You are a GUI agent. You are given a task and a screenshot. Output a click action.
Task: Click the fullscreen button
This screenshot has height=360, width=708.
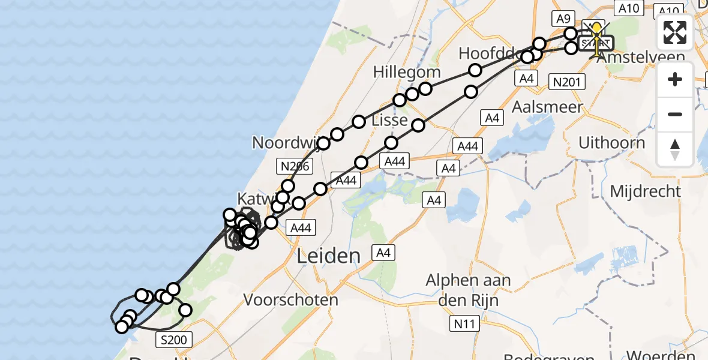tap(675, 32)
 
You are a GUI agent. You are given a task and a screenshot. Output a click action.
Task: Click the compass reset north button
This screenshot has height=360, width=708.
tap(675, 149)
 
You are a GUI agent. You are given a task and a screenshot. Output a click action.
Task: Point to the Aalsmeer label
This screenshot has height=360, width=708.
tap(539, 107)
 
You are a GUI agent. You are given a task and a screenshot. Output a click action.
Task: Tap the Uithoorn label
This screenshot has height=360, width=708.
tap(612, 143)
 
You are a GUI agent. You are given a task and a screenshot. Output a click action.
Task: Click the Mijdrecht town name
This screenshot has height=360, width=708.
tap(646, 191)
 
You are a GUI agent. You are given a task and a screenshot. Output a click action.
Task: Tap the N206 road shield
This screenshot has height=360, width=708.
tap(295, 166)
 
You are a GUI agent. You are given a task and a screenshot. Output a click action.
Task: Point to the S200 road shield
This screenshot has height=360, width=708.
tap(174, 340)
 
